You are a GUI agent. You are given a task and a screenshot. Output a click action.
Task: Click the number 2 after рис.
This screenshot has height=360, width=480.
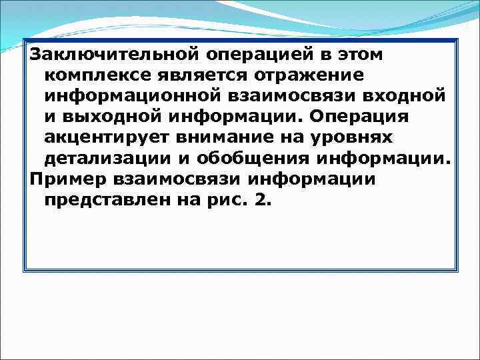tap(263, 202)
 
